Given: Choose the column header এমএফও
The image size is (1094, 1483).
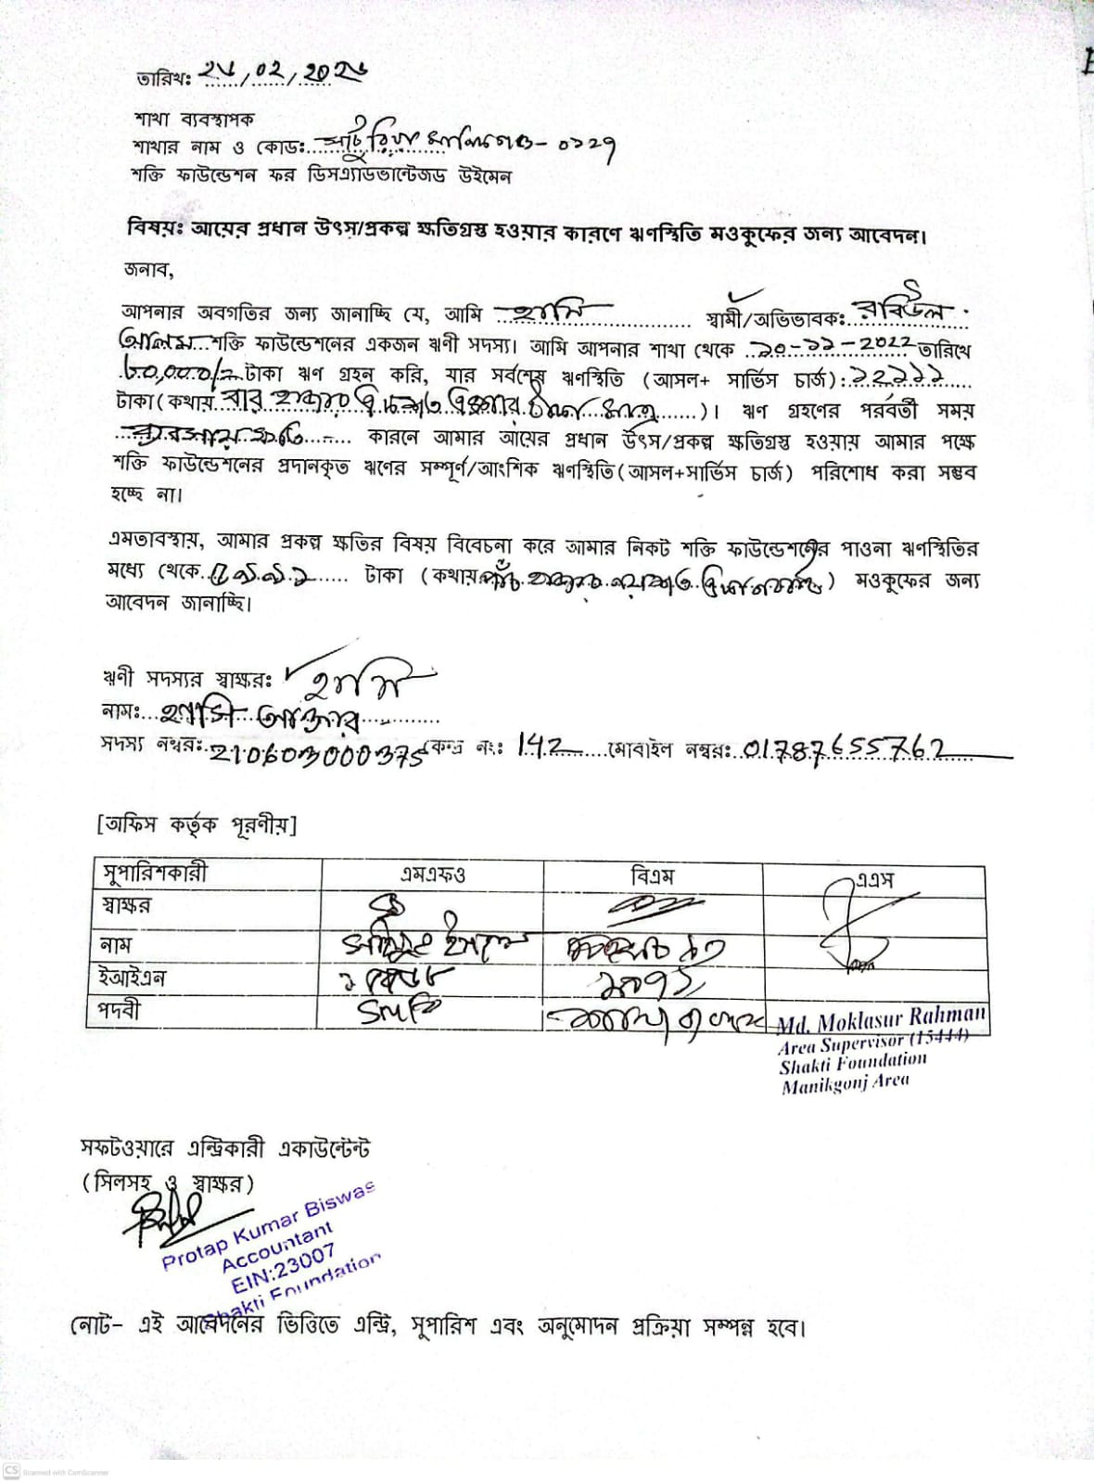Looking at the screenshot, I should click(432, 874).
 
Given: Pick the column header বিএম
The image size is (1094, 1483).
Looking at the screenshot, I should click(652, 875).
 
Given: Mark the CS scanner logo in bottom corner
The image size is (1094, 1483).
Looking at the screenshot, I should click(11, 1471).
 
